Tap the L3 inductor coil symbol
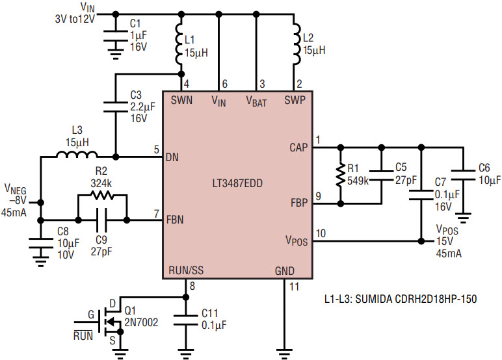(77, 155)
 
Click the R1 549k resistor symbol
(341, 175)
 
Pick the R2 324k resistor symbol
(101, 194)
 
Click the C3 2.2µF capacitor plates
(116, 107)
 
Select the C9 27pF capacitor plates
(102, 220)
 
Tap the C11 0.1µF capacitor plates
(185, 320)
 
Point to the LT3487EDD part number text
(237, 183)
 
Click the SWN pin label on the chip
(181, 101)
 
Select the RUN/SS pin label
(186, 270)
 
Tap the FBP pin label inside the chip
(299, 203)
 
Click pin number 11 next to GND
(294, 287)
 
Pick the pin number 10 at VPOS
(321, 233)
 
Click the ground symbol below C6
(463, 218)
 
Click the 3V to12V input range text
(75, 19)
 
